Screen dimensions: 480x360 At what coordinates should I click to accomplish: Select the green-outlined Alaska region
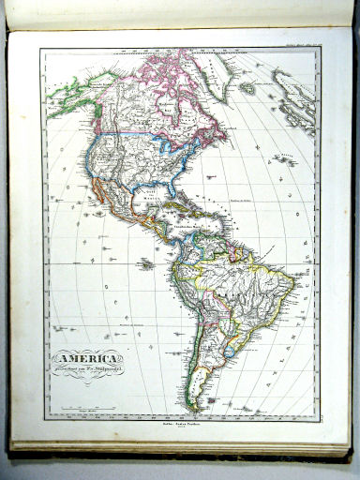pyautogui.click(x=70, y=94)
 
